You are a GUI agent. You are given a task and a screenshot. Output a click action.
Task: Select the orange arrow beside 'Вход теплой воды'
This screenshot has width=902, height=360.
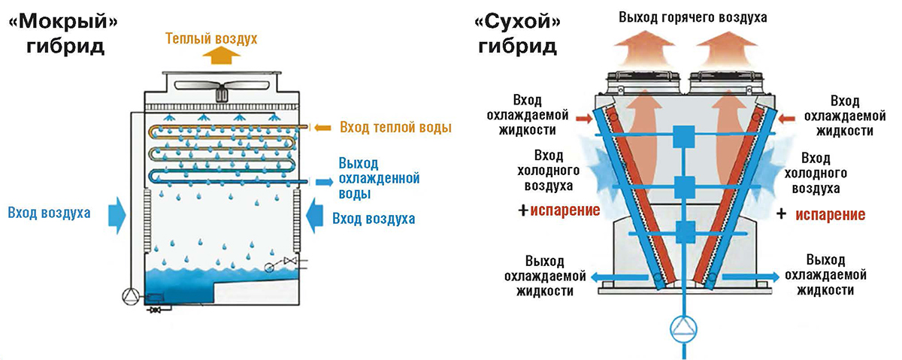click(323, 128)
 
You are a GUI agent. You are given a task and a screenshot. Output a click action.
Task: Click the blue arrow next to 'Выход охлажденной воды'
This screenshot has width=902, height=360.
click(324, 181)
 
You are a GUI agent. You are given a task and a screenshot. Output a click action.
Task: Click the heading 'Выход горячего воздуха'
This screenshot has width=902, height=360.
click(692, 17)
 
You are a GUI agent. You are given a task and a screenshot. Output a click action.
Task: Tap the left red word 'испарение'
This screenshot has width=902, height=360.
click(565, 210)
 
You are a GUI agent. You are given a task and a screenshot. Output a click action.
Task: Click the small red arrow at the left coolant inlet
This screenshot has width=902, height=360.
click(583, 118)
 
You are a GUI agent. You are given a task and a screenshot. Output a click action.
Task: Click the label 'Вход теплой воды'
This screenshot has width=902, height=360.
click(395, 128)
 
